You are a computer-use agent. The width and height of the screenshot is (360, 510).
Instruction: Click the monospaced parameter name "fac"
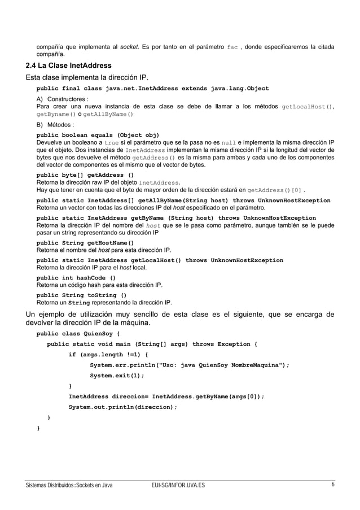tap(232, 46)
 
